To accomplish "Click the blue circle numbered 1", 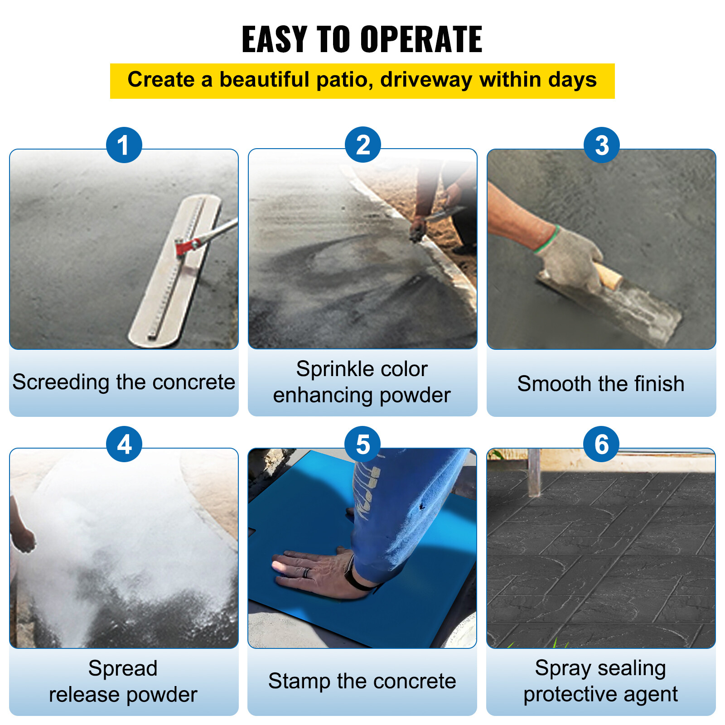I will pyautogui.click(x=124, y=145).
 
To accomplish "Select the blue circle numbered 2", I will pyautogui.click(x=362, y=145).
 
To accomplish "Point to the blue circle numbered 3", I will pyautogui.click(x=601, y=145).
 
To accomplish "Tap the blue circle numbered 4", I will pyautogui.click(x=124, y=444).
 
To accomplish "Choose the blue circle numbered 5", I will pyautogui.click(x=362, y=444).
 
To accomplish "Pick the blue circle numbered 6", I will pyautogui.click(x=601, y=444).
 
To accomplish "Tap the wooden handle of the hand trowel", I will pyautogui.click(x=609, y=275).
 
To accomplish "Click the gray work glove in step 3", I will pyautogui.click(x=569, y=258).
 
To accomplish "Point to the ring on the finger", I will pyautogui.click(x=307, y=572).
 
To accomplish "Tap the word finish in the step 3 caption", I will pyautogui.click(x=659, y=384).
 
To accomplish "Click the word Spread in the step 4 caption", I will pyautogui.click(x=123, y=668).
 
